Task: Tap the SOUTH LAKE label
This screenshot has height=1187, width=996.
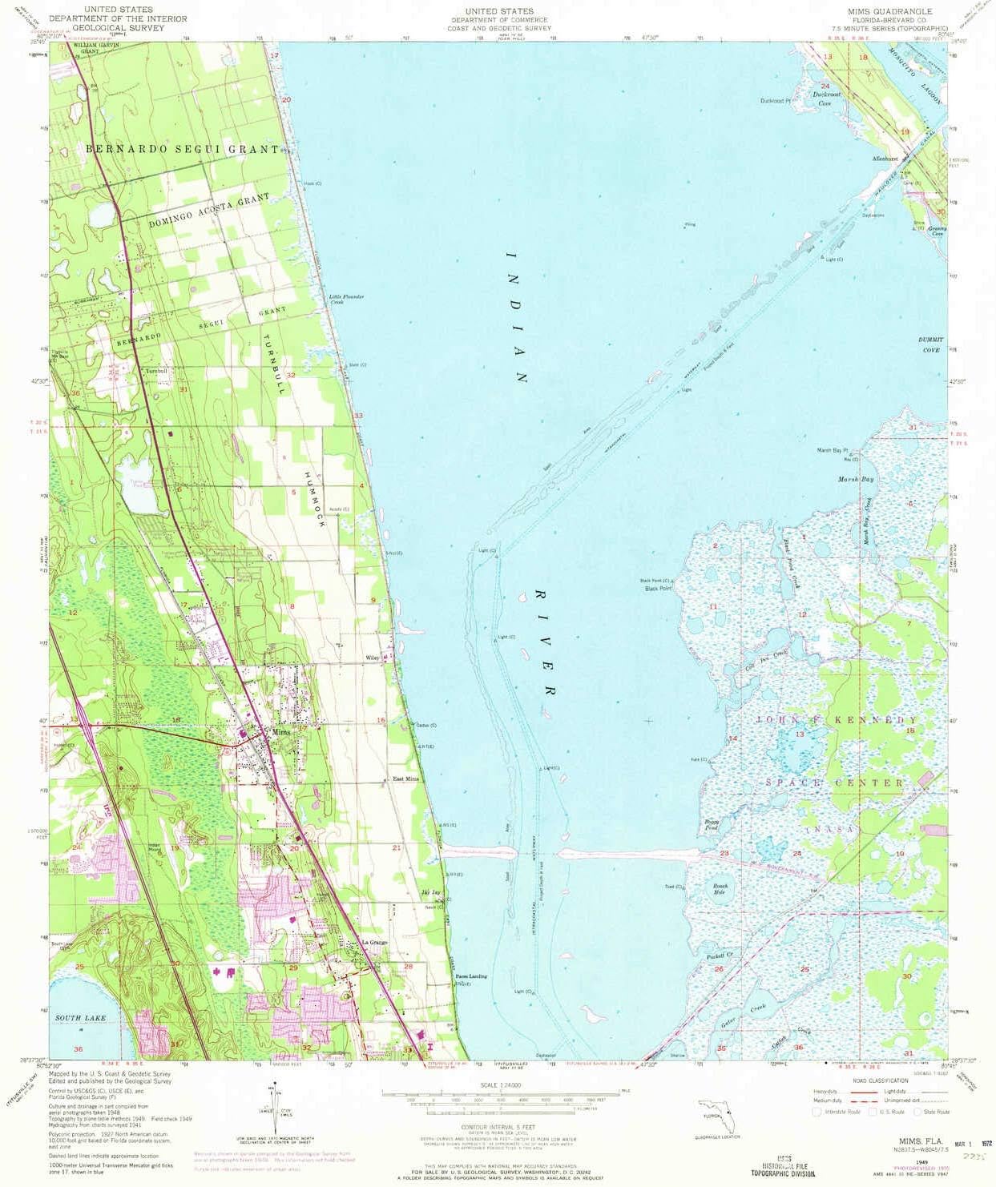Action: click(80, 1018)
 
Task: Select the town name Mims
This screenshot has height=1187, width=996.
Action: click(281, 732)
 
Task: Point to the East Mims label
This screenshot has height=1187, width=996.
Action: click(405, 779)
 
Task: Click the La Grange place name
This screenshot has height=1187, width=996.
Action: click(374, 942)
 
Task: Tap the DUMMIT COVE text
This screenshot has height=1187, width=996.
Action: click(931, 345)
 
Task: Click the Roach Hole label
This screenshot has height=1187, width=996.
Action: click(720, 889)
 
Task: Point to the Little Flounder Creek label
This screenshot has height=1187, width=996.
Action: click(346, 299)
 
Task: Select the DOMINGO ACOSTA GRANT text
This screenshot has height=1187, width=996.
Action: click(208, 211)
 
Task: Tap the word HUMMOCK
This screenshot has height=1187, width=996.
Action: click(314, 497)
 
